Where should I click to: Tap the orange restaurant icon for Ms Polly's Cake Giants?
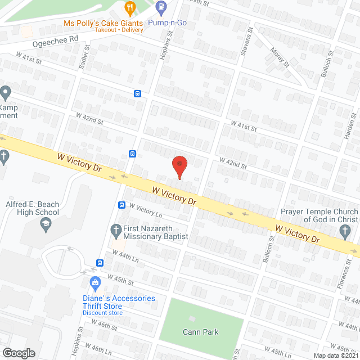point(130,8)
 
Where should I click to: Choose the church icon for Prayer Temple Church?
point(345,230)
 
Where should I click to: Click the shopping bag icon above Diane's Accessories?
point(94,282)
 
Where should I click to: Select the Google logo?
point(19,353)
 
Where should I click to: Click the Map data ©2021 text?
point(336,355)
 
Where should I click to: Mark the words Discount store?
point(102,313)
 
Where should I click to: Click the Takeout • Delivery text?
point(119,30)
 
